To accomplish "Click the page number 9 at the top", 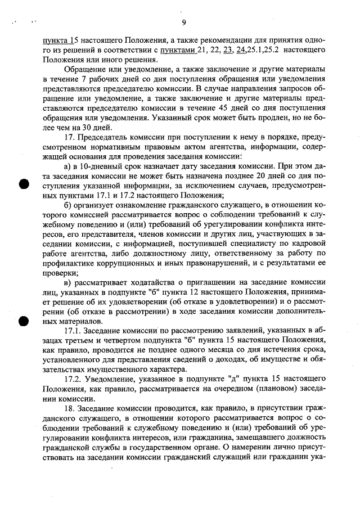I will [x=184, y=22].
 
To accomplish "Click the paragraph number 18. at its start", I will [x=70, y=408].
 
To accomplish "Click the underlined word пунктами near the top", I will [x=177, y=50].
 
